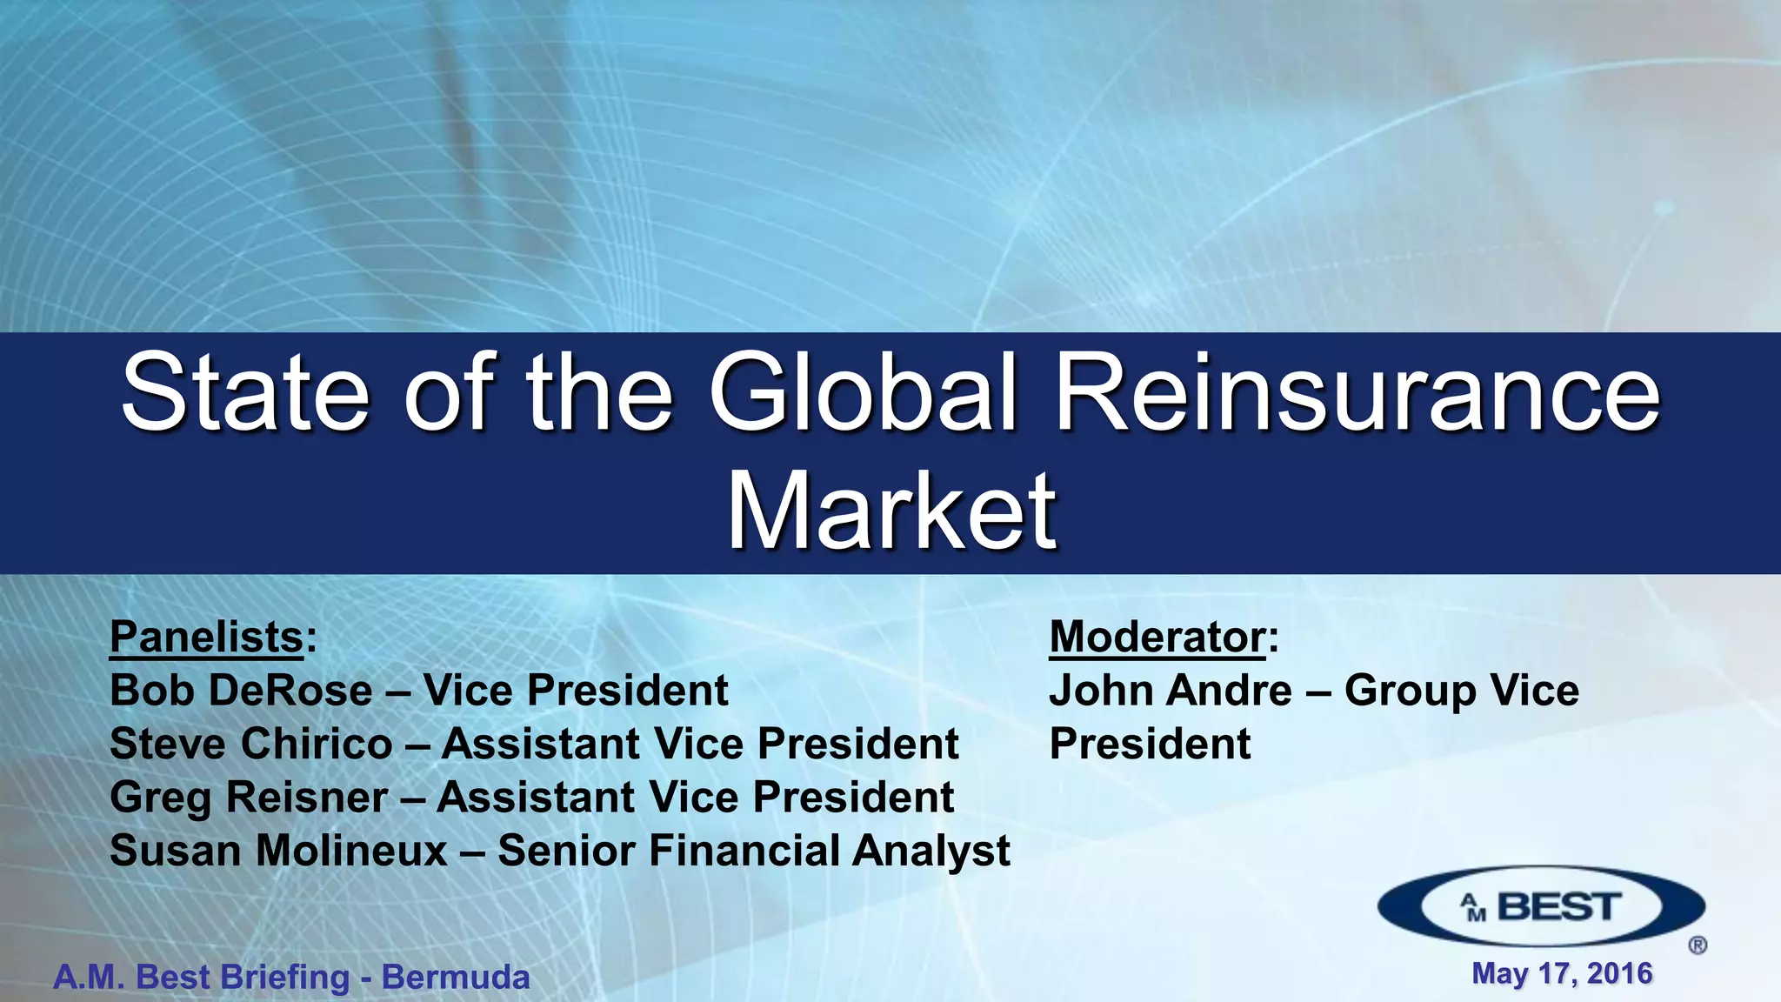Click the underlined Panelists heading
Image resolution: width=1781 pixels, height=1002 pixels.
206,637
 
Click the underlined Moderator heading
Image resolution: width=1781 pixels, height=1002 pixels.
1157,637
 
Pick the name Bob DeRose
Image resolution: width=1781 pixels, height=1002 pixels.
241,691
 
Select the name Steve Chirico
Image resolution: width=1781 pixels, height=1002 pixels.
251,745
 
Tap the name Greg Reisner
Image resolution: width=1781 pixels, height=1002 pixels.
249,798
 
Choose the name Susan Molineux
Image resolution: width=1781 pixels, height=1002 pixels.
278,851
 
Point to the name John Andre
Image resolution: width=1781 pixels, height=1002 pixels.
1171,691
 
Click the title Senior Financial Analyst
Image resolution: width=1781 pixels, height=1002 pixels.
754,851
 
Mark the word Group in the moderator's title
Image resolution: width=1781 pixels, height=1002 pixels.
1409,692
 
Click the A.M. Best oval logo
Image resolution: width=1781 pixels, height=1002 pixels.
1540,907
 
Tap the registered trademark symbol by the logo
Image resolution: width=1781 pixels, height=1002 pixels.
1697,945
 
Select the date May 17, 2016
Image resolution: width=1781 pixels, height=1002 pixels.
1562,973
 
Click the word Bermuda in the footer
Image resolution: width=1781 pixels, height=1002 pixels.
456,978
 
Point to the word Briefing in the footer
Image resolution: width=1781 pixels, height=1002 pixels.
285,978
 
